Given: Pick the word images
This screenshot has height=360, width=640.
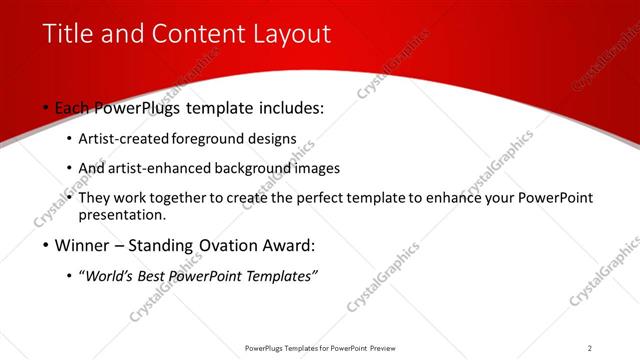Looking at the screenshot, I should [318, 169].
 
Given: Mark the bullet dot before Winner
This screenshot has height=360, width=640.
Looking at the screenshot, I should [46, 246].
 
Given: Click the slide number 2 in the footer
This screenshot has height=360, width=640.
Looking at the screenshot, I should [589, 348].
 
